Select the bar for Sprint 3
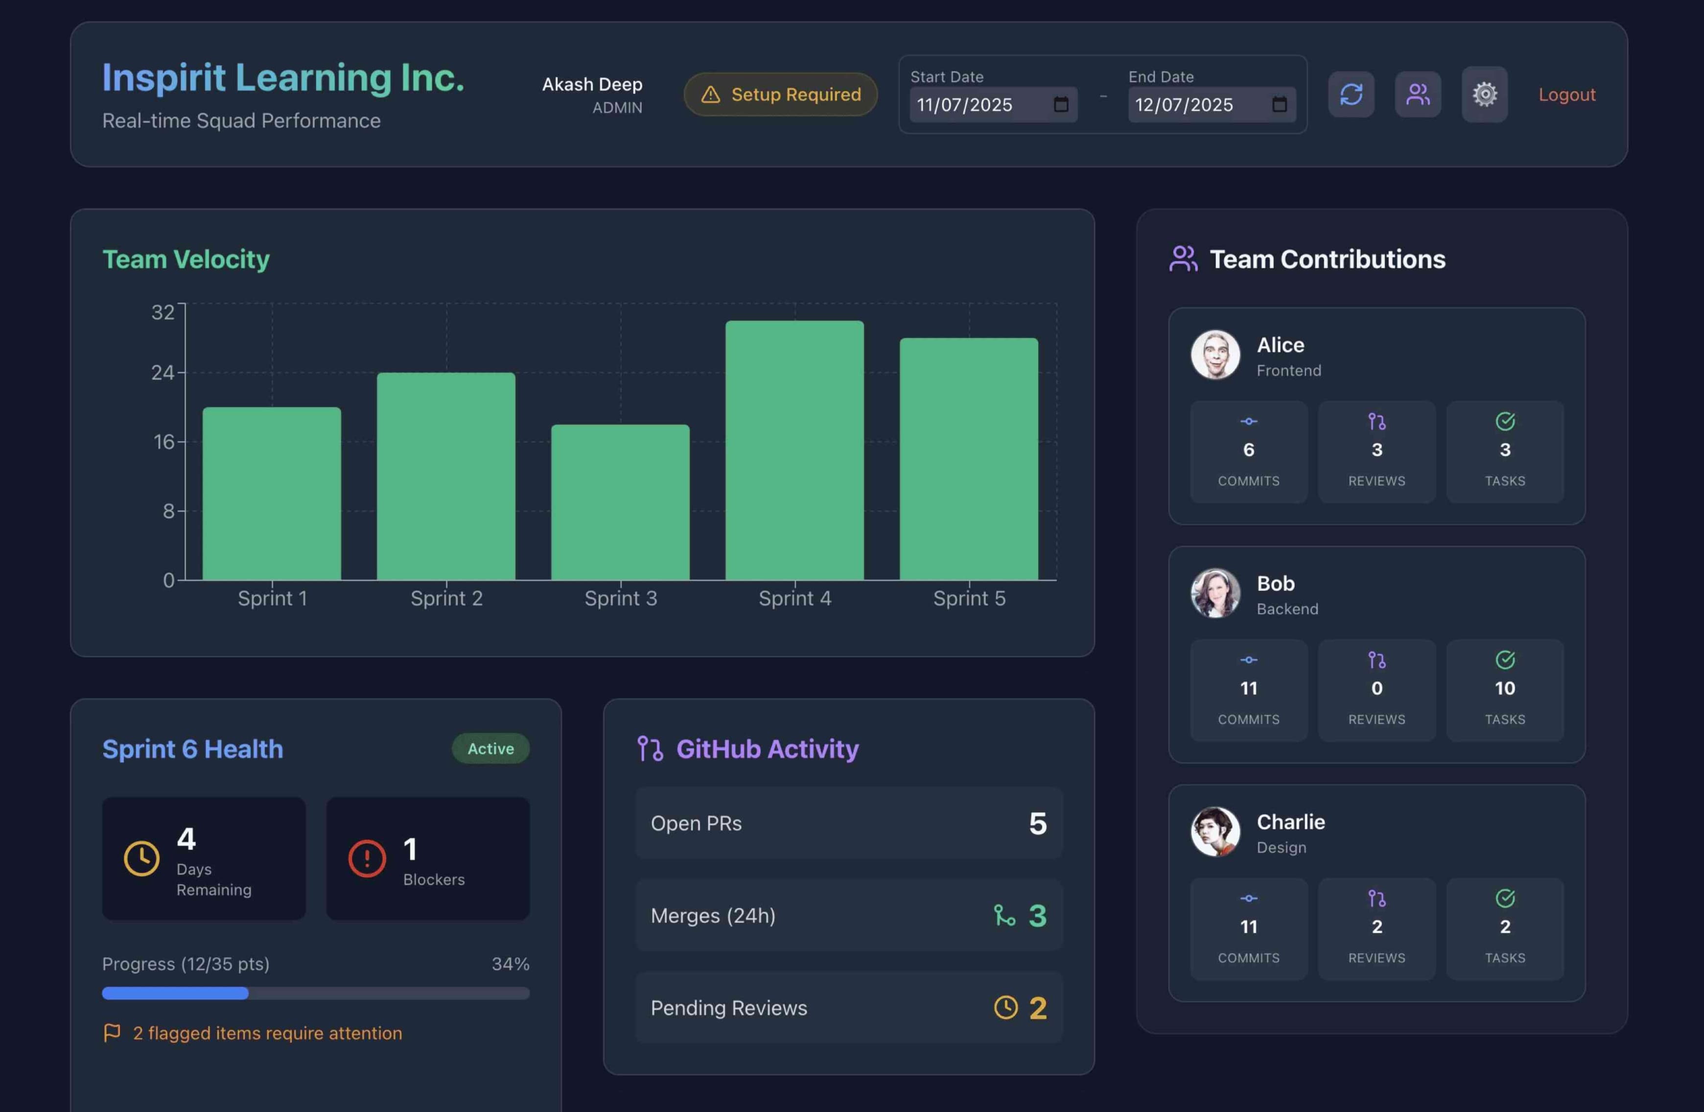620,502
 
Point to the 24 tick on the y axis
163,372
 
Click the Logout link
1566,95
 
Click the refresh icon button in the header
1351,95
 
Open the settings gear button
1484,95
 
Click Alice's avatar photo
1215,355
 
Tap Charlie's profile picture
1215,832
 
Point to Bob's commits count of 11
1249,688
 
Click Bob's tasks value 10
1504,688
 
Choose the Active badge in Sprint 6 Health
490,748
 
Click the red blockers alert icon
367,858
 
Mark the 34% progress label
510,964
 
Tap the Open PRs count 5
1037,824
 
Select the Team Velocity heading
186,259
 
